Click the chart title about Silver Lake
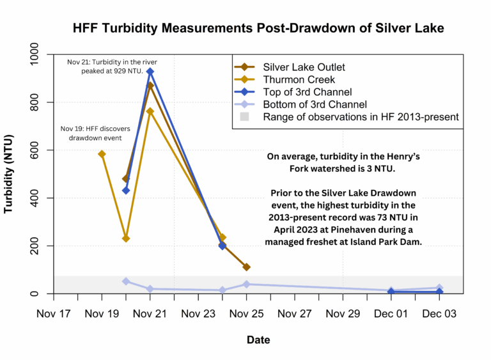(258, 28)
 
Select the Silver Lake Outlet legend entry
(297, 67)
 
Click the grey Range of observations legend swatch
(244, 117)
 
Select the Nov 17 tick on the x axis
(54, 314)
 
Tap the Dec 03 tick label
(440, 314)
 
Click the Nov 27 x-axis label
(295, 314)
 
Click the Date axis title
(258, 340)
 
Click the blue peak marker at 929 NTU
(150, 72)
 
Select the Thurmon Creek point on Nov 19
(102, 154)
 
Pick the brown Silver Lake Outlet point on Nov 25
(247, 267)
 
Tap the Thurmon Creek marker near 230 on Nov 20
(126, 239)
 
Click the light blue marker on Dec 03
(440, 288)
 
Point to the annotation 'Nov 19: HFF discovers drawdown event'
(97, 133)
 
